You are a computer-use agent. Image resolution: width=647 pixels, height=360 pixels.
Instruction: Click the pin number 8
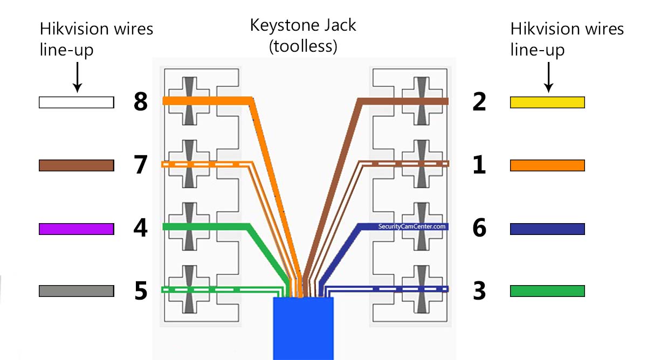click(x=141, y=102)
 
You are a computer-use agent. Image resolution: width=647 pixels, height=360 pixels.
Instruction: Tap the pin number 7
click(x=141, y=164)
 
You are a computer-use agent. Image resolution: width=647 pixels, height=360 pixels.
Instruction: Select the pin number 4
click(x=141, y=228)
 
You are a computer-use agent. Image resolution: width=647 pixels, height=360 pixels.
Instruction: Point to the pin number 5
click(x=141, y=290)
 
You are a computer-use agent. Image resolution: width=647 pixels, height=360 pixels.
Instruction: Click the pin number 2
click(x=479, y=102)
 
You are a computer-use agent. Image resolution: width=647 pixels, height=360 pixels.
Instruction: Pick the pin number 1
click(x=479, y=164)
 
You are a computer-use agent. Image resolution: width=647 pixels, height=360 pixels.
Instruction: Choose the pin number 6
click(x=479, y=228)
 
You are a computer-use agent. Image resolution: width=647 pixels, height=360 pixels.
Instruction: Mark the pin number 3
click(x=479, y=290)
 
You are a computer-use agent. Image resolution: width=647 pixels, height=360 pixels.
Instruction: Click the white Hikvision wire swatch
click(x=77, y=102)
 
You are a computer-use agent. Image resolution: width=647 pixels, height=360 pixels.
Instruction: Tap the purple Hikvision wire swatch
click(x=77, y=229)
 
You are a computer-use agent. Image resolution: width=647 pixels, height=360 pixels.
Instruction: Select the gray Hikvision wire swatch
click(x=77, y=291)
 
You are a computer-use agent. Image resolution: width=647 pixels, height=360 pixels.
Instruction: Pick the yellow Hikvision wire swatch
click(x=547, y=102)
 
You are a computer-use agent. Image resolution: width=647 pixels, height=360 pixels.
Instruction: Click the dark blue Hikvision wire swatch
click(x=547, y=229)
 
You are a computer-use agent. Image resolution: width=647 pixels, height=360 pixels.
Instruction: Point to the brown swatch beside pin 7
click(x=77, y=165)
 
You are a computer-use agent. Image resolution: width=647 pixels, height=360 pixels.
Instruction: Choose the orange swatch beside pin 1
click(x=547, y=165)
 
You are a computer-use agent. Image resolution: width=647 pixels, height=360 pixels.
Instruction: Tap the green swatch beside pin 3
click(x=547, y=291)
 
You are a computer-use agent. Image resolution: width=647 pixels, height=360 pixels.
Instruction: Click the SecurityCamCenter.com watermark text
click(x=412, y=227)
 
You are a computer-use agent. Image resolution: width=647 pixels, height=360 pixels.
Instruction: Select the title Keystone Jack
click(x=303, y=25)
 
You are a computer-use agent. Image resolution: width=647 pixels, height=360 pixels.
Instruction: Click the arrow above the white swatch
click(x=77, y=77)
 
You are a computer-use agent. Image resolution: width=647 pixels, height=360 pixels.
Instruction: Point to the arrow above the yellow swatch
click(x=548, y=77)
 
